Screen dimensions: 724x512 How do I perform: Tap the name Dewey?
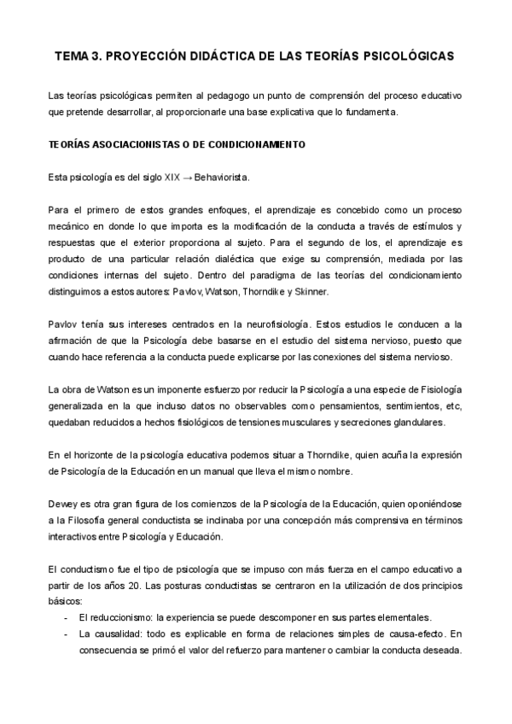[x=61, y=504]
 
